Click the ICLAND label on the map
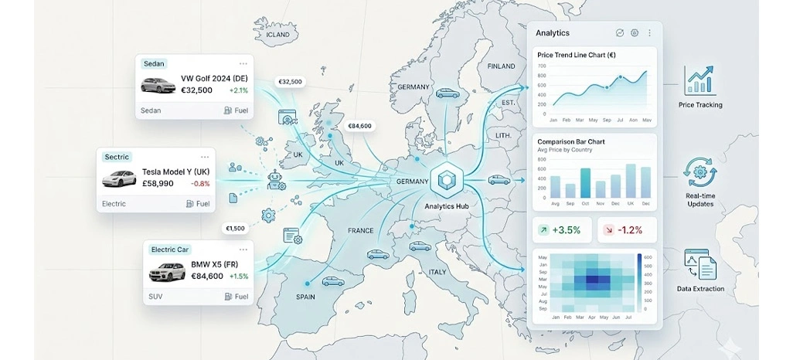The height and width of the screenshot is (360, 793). tap(277, 35)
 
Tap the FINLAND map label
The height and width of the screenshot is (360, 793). tap(501, 66)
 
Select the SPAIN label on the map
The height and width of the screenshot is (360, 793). tap(305, 297)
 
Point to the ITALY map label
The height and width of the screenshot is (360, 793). tap(437, 272)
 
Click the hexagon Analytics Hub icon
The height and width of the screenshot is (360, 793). tap(448, 181)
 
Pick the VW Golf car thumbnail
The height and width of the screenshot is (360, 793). tap(157, 84)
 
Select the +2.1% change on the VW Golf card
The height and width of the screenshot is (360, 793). tap(239, 90)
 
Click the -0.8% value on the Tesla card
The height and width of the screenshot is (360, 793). tap(200, 184)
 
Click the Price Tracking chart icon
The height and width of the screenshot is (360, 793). tap(699, 80)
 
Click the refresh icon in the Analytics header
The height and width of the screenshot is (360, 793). tap(619, 33)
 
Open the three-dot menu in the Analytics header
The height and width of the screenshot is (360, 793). tap(649, 33)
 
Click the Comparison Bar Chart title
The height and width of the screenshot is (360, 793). tap(571, 142)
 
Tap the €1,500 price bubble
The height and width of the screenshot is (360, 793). tap(235, 229)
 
